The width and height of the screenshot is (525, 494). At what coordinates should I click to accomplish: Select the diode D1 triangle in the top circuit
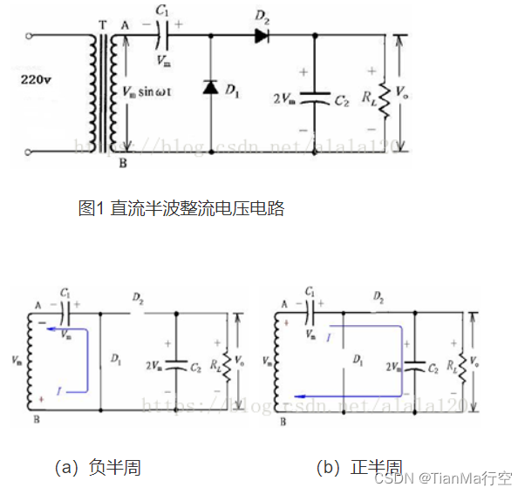(x=210, y=87)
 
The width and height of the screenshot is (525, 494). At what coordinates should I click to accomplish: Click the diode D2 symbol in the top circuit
(x=262, y=36)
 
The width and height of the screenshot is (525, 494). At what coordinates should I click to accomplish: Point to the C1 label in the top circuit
(x=163, y=11)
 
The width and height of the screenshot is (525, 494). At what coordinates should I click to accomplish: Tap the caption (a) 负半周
(x=98, y=468)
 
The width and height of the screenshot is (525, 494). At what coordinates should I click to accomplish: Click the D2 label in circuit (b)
(x=378, y=298)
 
